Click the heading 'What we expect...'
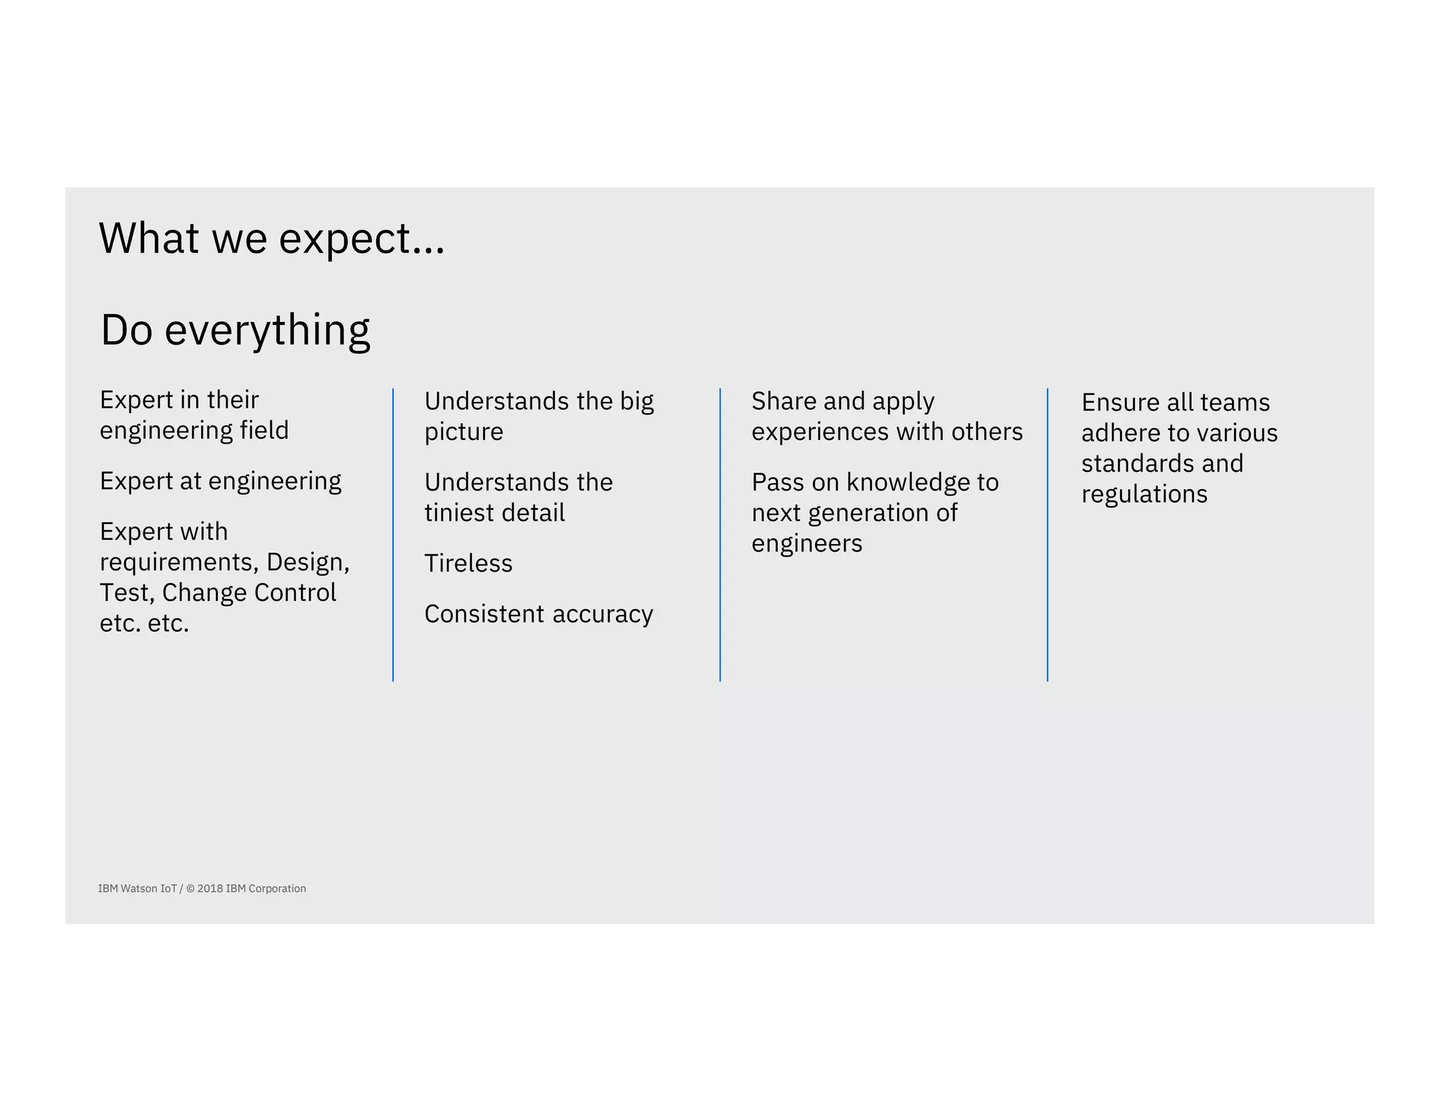[271, 238]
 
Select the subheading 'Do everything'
[235, 330]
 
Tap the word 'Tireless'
[468, 564]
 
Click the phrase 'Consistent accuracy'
[539, 614]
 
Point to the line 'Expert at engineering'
[220, 481]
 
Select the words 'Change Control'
[249, 593]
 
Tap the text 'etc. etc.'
[144, 623]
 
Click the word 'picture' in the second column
[463, 432]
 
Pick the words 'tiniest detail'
[494, 513]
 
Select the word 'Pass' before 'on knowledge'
[778, 483]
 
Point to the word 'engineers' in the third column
[806, 544]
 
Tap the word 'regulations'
[1144, 494]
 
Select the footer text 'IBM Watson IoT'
[137, 888]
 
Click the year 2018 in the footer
[210, 888]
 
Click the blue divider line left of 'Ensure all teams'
[1047, 534]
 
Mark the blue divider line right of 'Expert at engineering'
[393, 534]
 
